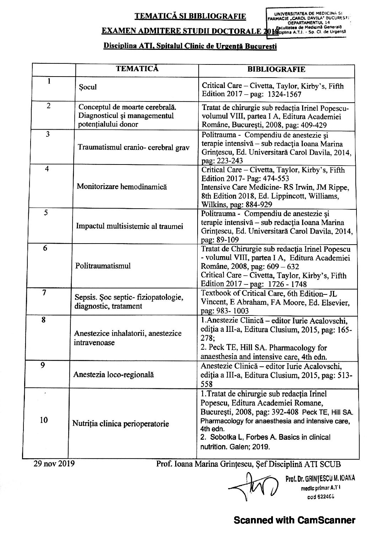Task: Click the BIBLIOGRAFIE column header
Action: click(x=276, y=69)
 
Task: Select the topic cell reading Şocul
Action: click(x=88, y=87)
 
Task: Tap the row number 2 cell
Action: click(x=49, y=106)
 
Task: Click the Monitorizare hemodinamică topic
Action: click(x=120, y=187)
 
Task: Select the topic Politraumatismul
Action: click(x=103, y=266)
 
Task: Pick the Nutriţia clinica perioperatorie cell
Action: click(x=120, y=424)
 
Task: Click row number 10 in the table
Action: click(x=44, y=420)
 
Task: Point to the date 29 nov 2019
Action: click(x=54, y=464)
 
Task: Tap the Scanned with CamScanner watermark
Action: click(x=294, y=520)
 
